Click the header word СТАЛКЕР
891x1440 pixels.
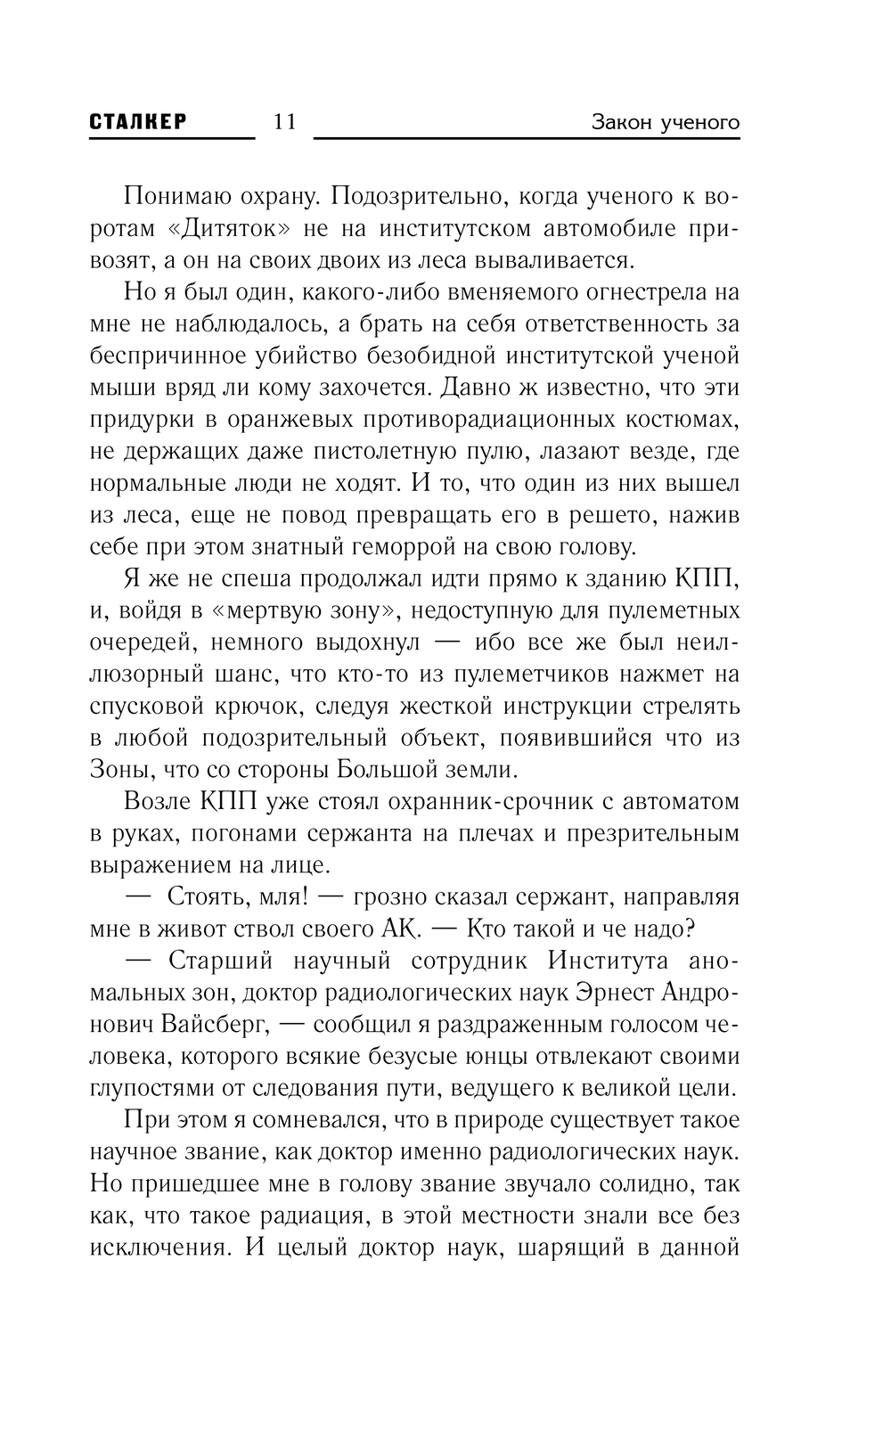(x=138, y=122)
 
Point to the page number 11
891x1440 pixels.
(x=284, y=122)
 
